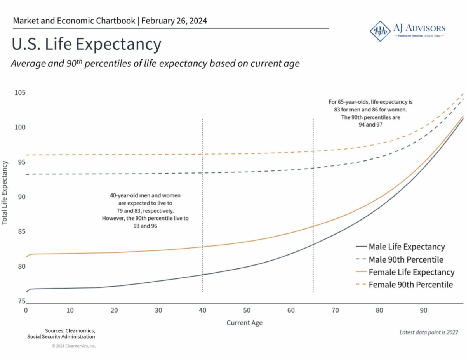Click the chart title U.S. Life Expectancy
pos(86,44)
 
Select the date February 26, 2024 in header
pos(174,21)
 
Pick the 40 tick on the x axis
pos(202,310)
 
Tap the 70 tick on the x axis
pos(335,310)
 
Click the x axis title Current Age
pos(245,323)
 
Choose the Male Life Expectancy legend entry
pos(407,247)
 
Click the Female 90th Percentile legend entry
pos(410,285)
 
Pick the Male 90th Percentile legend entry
pos(406,259)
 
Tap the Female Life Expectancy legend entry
pos(411,272)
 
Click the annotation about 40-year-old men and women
pos(145,210)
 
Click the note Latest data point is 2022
pos(429,332)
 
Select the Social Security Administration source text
pos(61,336)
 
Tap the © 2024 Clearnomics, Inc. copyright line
pos(74,346)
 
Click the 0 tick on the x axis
pos(26,310)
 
